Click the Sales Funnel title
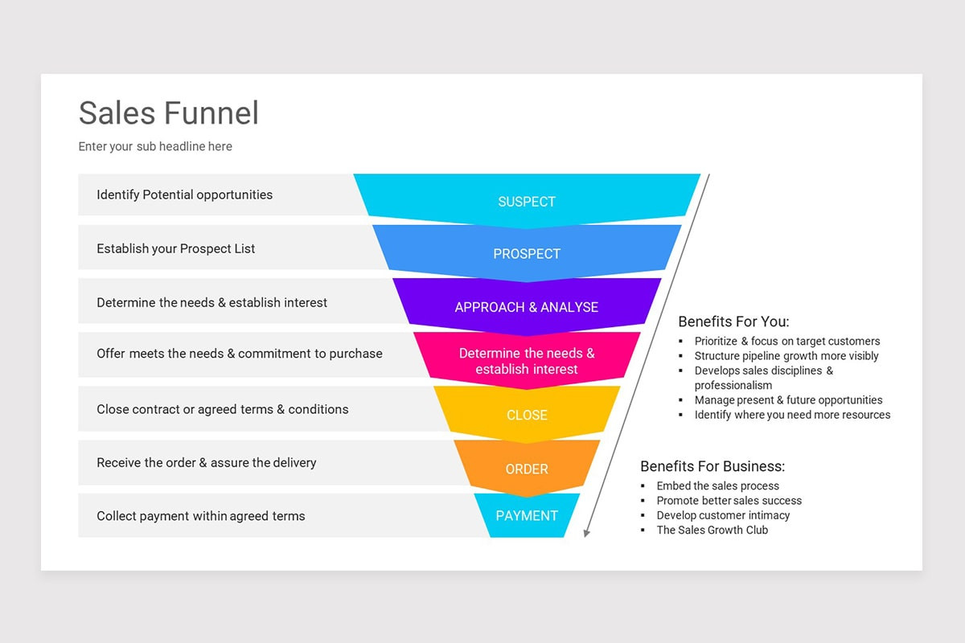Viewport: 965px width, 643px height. coord(169,113)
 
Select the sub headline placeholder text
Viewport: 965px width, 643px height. coord(155,146)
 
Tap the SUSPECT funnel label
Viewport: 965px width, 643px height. coord(527,202)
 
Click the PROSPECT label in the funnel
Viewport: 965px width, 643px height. coord(527,254)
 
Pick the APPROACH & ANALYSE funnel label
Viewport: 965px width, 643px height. coord(527,307)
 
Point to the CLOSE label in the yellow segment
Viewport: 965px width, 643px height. coord(527,416)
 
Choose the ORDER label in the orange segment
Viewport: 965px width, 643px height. coord(527,469)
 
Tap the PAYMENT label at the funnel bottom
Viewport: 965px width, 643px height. coord(527,516)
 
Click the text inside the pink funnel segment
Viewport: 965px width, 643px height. coord(527,361)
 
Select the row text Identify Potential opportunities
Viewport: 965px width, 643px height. coord(184,195)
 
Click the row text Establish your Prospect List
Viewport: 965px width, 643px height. coord(175,249)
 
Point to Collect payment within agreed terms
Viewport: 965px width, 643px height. coord(200,516)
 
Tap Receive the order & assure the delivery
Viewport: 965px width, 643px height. coord(206,463)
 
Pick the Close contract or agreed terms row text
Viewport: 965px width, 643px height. coord(222,409)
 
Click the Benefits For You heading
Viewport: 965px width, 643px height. coord(733,321)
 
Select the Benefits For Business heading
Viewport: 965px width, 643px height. coord(712,466)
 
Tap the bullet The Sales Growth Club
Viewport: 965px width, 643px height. coord(712,530)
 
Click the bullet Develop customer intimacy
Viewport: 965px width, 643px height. coord(723,515)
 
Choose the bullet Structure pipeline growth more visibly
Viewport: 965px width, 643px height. coord(786,356)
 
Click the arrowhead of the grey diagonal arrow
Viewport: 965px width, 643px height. coord(587,532)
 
